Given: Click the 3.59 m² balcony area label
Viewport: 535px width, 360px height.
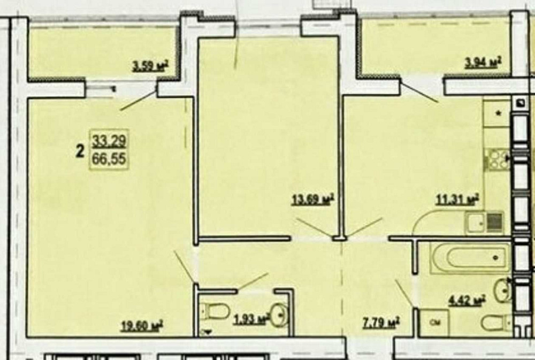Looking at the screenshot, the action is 150,66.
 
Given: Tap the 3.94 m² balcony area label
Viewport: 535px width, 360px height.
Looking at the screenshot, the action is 483,63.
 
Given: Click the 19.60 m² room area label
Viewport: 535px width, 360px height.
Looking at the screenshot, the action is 142,325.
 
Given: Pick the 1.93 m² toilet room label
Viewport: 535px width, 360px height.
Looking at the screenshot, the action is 251,319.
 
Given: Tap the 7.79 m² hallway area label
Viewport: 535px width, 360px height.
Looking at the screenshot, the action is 381,323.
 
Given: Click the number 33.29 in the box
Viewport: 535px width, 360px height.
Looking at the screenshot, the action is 109,140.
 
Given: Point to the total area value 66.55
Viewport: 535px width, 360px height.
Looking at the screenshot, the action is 109,158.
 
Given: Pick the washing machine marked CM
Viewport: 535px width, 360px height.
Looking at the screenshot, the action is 434,323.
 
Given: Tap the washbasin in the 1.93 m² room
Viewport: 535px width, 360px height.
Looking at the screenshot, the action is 280,315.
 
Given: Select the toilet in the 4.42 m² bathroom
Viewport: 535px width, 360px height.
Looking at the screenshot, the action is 496,323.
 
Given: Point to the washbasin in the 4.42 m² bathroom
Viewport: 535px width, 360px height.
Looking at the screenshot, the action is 503,290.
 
